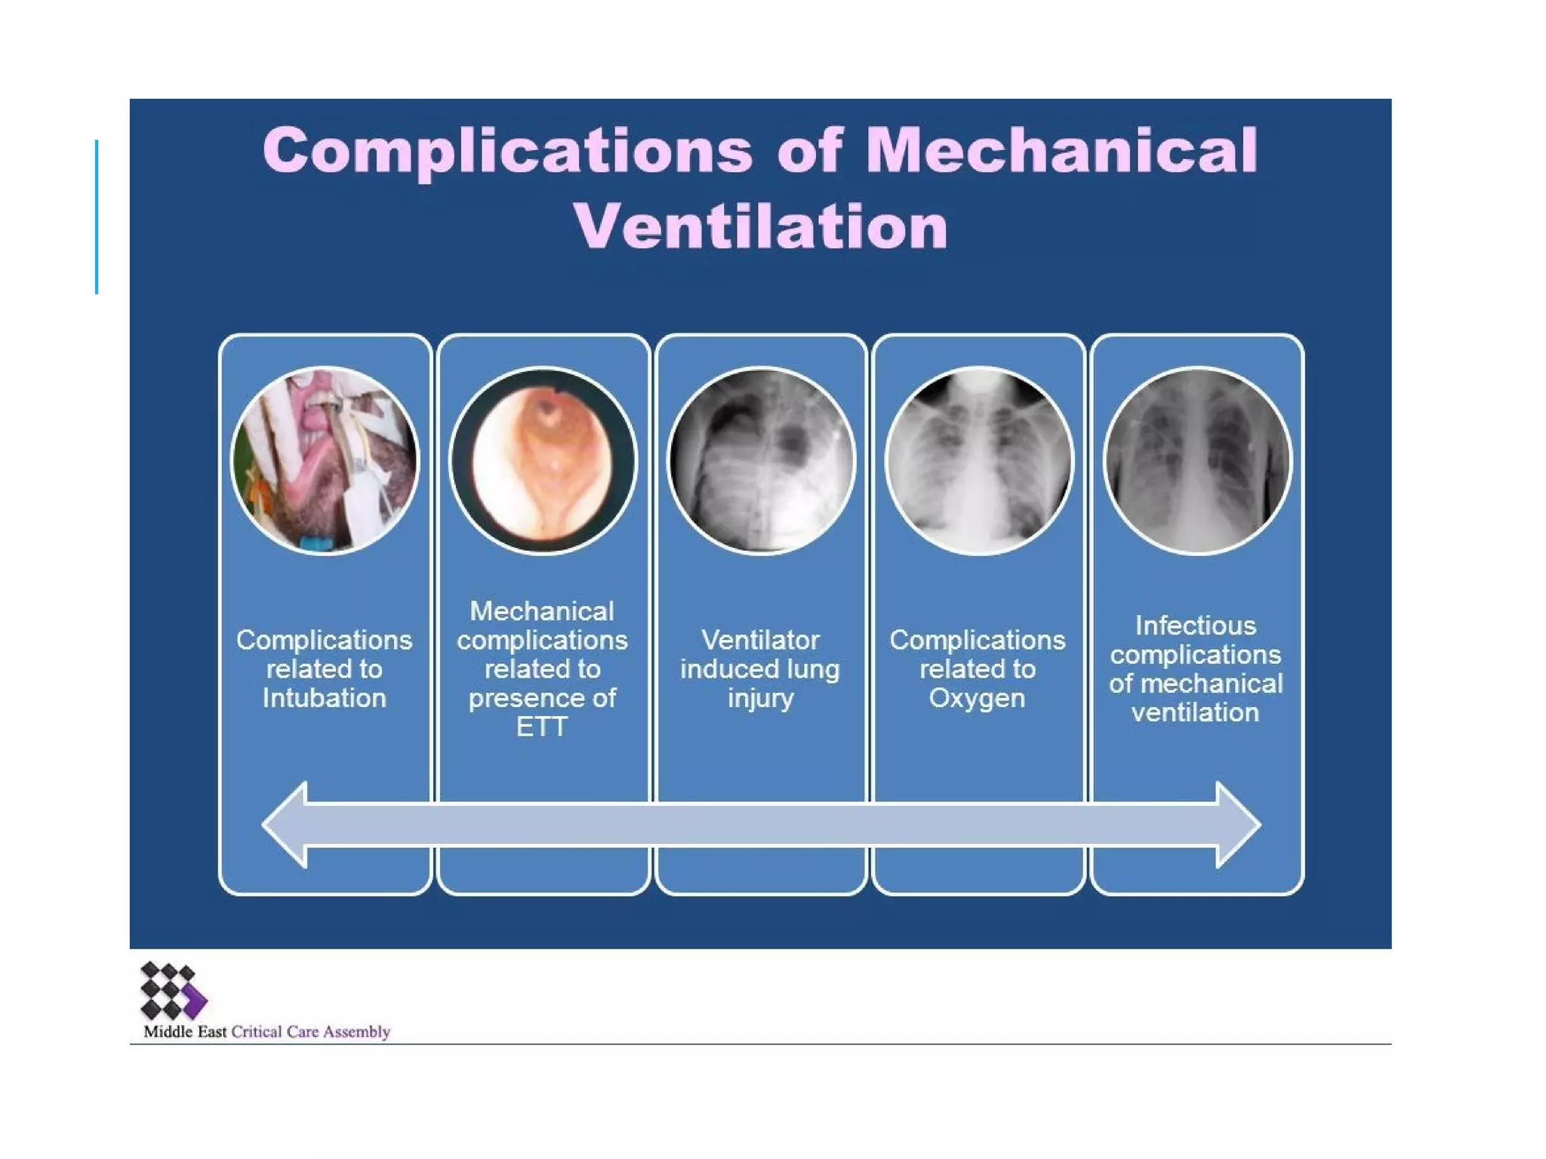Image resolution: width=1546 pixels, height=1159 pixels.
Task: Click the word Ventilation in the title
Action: pyautogui.click(x=760, y=226)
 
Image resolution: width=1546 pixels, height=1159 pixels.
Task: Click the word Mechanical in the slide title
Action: pyautogui.click(x=1061, y=150)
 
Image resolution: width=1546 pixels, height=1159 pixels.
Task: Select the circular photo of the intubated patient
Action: pyautogui.click(x=325, y=461)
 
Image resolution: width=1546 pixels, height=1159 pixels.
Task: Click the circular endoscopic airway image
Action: pyautogui.click(x=543, y=461)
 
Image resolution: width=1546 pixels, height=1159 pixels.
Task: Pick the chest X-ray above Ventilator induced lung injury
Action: pyautogui.click(x=761, y=461)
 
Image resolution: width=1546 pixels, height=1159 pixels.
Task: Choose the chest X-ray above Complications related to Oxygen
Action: pyautogui.click(x=978, y=461)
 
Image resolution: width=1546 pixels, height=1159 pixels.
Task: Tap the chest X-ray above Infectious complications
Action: pyautogui.click(x=1196, y=461)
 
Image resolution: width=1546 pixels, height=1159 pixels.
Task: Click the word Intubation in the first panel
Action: pyautogui.click(x=325, y=698)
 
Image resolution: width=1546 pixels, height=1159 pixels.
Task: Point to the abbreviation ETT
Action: pyautogui.click(x=542, y=727)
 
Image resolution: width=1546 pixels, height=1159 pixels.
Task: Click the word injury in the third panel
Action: pyautogui.click(x=760, y=699)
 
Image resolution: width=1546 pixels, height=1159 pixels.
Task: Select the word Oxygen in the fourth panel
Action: pyautogui.click(x=977, y=698)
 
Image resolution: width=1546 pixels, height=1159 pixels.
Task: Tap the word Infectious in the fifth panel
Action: pyautogui.click(x=1196, y=626)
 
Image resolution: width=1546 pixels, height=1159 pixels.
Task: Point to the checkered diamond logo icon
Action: pyautogui.click(x=173, y=990)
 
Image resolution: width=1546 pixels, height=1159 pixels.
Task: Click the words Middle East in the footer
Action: pyautogui.click(x=185, y=1031)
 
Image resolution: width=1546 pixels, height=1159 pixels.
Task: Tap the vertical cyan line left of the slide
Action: pyautogui.click(x=97, y=217)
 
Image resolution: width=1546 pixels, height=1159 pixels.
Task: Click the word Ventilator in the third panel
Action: pyautogui.click(x=760, y=640)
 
